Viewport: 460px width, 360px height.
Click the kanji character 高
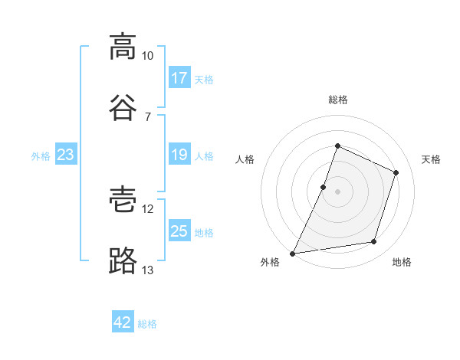pos(123,47)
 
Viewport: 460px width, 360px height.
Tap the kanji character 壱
pos(123,201)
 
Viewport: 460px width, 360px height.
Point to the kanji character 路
pos(123,261)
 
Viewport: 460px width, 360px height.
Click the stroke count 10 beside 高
pos(148,56)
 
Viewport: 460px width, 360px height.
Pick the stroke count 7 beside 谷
pos(148,116)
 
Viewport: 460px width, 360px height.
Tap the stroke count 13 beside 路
pos(148,270)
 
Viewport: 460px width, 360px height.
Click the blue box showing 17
pos(179,78)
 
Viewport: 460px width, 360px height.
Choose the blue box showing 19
pos(179,155)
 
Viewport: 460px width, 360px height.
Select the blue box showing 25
pos(179,231)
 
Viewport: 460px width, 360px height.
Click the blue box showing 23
pos(66,155)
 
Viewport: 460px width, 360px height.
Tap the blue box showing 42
pos(123,322)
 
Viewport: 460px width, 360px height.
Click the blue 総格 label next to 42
pos(148,324)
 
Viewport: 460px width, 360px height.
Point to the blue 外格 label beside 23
pos(41,156)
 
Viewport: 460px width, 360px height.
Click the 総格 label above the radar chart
pos(337,100)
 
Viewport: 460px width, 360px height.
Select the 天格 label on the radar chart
pos(431,159)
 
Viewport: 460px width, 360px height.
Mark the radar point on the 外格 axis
pos(293,254)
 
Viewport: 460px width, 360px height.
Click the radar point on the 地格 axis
pos(374,242)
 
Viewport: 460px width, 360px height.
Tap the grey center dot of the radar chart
pos(337,191)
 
